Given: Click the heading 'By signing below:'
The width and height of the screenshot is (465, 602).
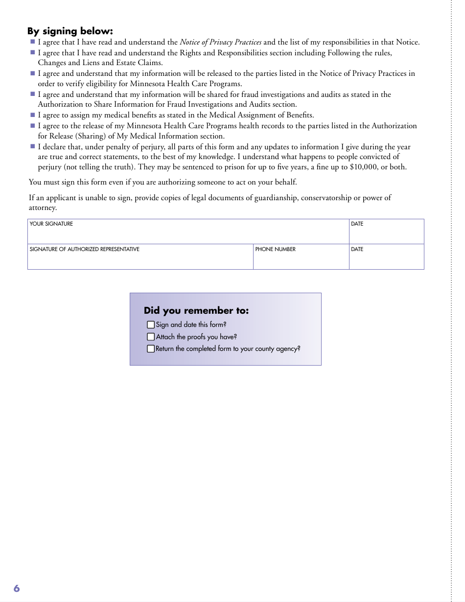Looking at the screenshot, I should coord(70,31).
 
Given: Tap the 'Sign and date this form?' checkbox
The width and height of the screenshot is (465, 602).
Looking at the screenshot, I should coord(151,324).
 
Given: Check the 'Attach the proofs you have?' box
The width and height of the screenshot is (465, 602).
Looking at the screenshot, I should coord(151,337).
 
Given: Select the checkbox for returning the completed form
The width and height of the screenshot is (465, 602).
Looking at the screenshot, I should coord(151,349).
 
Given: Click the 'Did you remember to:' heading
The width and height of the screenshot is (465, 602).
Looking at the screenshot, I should coord(196,311).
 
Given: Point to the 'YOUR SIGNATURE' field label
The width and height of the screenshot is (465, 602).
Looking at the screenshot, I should coord(51,224).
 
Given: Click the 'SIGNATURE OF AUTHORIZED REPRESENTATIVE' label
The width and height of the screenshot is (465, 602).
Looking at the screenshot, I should coord(84,249).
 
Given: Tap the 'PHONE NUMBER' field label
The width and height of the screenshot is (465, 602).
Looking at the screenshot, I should coord(275,249).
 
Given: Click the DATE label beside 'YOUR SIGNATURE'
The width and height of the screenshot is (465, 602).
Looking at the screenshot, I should coord(357,224).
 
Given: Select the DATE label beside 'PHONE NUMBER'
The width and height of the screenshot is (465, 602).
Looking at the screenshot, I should coord(357,249).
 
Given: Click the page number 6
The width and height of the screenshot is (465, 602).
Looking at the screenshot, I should coord(17,588).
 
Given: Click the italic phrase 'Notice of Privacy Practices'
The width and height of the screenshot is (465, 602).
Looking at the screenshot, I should coord(220,42).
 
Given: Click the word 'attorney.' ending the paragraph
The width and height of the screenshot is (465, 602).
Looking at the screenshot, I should coord(43,208).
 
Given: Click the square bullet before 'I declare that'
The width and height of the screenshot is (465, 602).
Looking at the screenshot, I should coord(33,146).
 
